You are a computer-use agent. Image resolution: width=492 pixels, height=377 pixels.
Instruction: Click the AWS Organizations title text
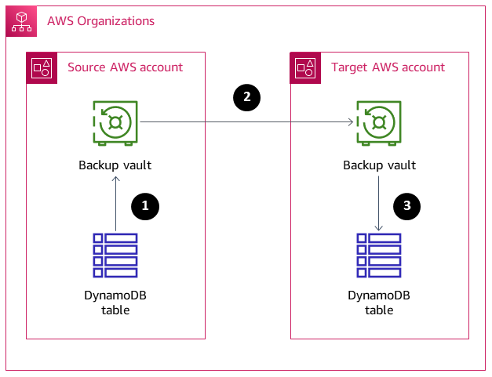click(100, 21)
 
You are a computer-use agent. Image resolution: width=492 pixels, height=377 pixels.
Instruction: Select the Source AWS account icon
click(42, 67)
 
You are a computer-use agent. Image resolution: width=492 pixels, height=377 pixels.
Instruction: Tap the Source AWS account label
click(126, 67)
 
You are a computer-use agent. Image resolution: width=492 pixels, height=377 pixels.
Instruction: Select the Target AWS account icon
click(306, 67)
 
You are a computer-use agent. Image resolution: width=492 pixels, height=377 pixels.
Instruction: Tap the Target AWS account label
click(388, 67)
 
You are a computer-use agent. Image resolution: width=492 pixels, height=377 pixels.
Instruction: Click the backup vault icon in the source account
click(115, 123)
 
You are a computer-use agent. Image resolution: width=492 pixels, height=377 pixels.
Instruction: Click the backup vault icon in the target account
click(380, 123)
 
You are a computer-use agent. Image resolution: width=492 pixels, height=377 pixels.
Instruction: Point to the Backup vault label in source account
click(115, 165)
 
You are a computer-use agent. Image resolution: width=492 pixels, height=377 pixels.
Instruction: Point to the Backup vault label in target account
click(380, 165)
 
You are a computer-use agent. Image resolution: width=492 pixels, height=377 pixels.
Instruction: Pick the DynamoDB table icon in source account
click(115, 255)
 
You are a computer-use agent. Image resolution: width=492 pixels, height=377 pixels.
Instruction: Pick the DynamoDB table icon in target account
click(380, 255)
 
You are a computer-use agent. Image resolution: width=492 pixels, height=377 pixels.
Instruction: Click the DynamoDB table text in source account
click(115, 303)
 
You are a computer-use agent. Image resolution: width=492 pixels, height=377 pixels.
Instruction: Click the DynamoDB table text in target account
click(380, 303)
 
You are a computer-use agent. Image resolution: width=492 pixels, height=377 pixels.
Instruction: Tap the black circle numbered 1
click(144, 206)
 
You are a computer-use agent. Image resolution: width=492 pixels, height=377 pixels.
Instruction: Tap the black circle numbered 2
click(247, 97)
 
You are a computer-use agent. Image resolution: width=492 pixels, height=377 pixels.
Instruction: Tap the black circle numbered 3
click(406, 206)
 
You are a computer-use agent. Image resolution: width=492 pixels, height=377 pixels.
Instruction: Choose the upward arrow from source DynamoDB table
click(115, 204)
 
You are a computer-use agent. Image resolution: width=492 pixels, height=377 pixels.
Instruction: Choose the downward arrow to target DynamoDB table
click(380, 204)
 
